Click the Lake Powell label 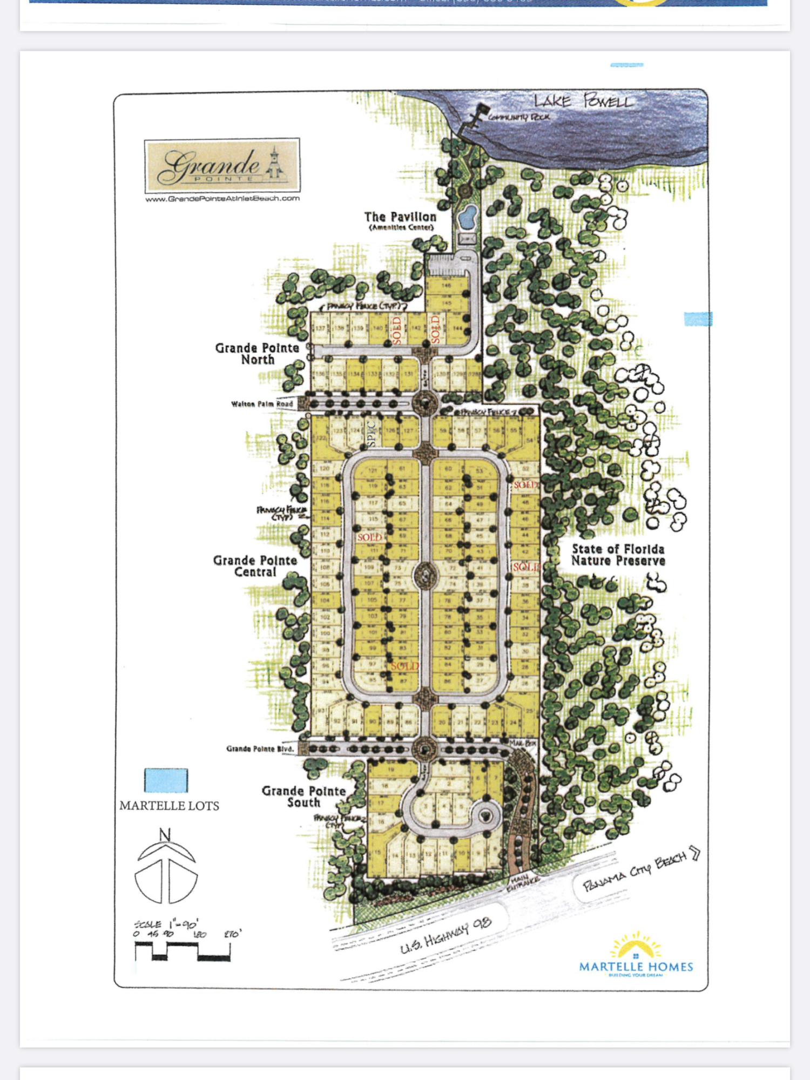(x=582, y=101)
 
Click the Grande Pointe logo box (x=222, y=165)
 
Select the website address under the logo (x=222, y=199)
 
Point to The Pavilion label (x=400, y=217)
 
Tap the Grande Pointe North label (x=257, y=354)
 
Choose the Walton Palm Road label (x=262, y=404)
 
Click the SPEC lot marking (x=371, y=434)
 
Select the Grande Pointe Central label (x=255, y=566)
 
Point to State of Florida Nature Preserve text (x=618, y=555)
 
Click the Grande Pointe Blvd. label (x=260, y=749)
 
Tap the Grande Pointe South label (x=303, y=796)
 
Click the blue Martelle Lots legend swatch (x=166, y=780)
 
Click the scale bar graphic (x=183, y=950)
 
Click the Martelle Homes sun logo (x=636, y=947)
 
